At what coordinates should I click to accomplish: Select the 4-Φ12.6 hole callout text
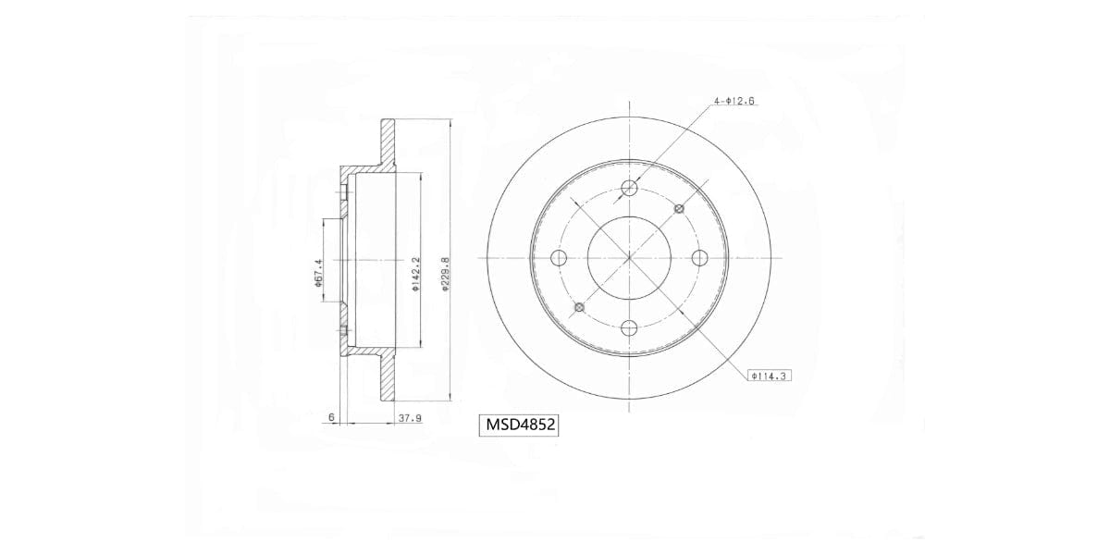click(x=734, y=101)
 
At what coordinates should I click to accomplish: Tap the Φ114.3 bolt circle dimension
click(x=771, y=376)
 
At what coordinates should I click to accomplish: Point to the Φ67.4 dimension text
click(x=317, y=275)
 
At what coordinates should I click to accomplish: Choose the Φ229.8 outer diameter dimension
click(x=445, y=275)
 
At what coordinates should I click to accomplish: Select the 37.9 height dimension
click(x=410, y=418)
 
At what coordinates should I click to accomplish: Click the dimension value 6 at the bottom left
click(x=331, y=418)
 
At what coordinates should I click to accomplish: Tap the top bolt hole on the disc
click(x=630, y=189)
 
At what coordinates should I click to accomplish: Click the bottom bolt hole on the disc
click(x=630, y=327)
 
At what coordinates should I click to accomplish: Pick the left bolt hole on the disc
click(x=558, y=258)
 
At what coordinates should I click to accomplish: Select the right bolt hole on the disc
click(x=699, y=258)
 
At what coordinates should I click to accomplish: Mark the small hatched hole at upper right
click(x=680, y=209)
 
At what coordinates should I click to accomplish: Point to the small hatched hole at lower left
click(x=580, y=307)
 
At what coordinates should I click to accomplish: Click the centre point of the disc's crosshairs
click(x=630, y=258)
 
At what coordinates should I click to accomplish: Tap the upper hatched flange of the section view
click(x=388, y=143)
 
